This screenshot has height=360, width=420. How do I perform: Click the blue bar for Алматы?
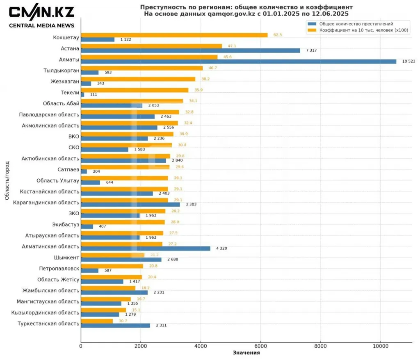click(x=238, y=62)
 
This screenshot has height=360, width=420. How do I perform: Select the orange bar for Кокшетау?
click(x=174, y=35)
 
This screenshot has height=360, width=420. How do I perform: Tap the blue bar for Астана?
click(x=190, y=50)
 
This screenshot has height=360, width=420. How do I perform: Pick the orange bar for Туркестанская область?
click(x=97, y=321)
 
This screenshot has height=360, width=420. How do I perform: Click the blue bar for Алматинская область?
click(x=146, y=248)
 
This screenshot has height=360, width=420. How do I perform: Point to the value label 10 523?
click(x=409, y=62)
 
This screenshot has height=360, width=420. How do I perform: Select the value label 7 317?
click(x=312, y=50)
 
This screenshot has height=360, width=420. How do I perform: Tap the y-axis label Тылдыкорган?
click(x=61, y=71)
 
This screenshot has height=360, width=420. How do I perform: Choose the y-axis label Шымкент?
click(x=66, y=257)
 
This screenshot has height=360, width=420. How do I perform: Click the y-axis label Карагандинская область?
click(x=46, y=203)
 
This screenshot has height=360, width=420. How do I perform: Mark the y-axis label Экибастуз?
click(x=65, y=224)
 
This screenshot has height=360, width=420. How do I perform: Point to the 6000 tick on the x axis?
click(x=260, y=346)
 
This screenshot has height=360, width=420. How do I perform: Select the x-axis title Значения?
click(x=246, y=353)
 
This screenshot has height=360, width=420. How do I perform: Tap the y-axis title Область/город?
click(x=7, y=180)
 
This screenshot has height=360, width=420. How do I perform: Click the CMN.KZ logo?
click(x=41, y=12)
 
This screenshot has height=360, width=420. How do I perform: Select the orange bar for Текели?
click(x=135, y=90)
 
